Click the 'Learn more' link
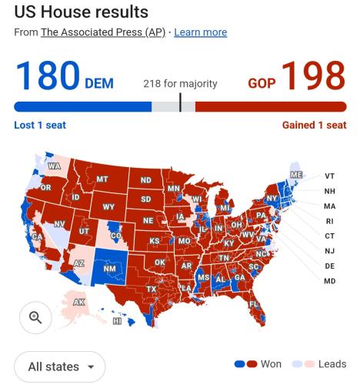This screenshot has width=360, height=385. [x=200, y=32]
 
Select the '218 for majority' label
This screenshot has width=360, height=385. [x=180, y=83]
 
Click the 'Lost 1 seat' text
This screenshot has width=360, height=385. [x=39, y=126]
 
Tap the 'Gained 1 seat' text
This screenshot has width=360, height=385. [x=314, y=126]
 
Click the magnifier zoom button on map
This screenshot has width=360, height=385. [x=35, y=317]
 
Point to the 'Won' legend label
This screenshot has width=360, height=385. [x=272, y=364]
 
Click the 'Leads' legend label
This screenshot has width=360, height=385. [x=332, y=364]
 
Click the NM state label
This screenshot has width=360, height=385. [x=109, y=269]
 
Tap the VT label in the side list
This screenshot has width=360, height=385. [x=330, y=176]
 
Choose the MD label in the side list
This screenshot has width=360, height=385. [x=330, y=281]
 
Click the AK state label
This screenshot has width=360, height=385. [x=78, y=302]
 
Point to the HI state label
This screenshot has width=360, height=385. [x=116, y=321]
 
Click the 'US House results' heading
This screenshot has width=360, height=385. [x=81, y=13]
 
